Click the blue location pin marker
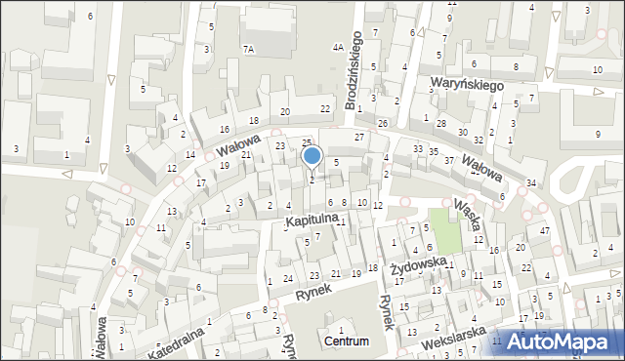312,156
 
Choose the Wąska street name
467,214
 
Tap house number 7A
248,48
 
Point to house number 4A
338,47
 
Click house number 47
545,230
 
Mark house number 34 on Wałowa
531,183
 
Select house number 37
449,160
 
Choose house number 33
418,149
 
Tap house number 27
359,137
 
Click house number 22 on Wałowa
324,108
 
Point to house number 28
441,124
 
